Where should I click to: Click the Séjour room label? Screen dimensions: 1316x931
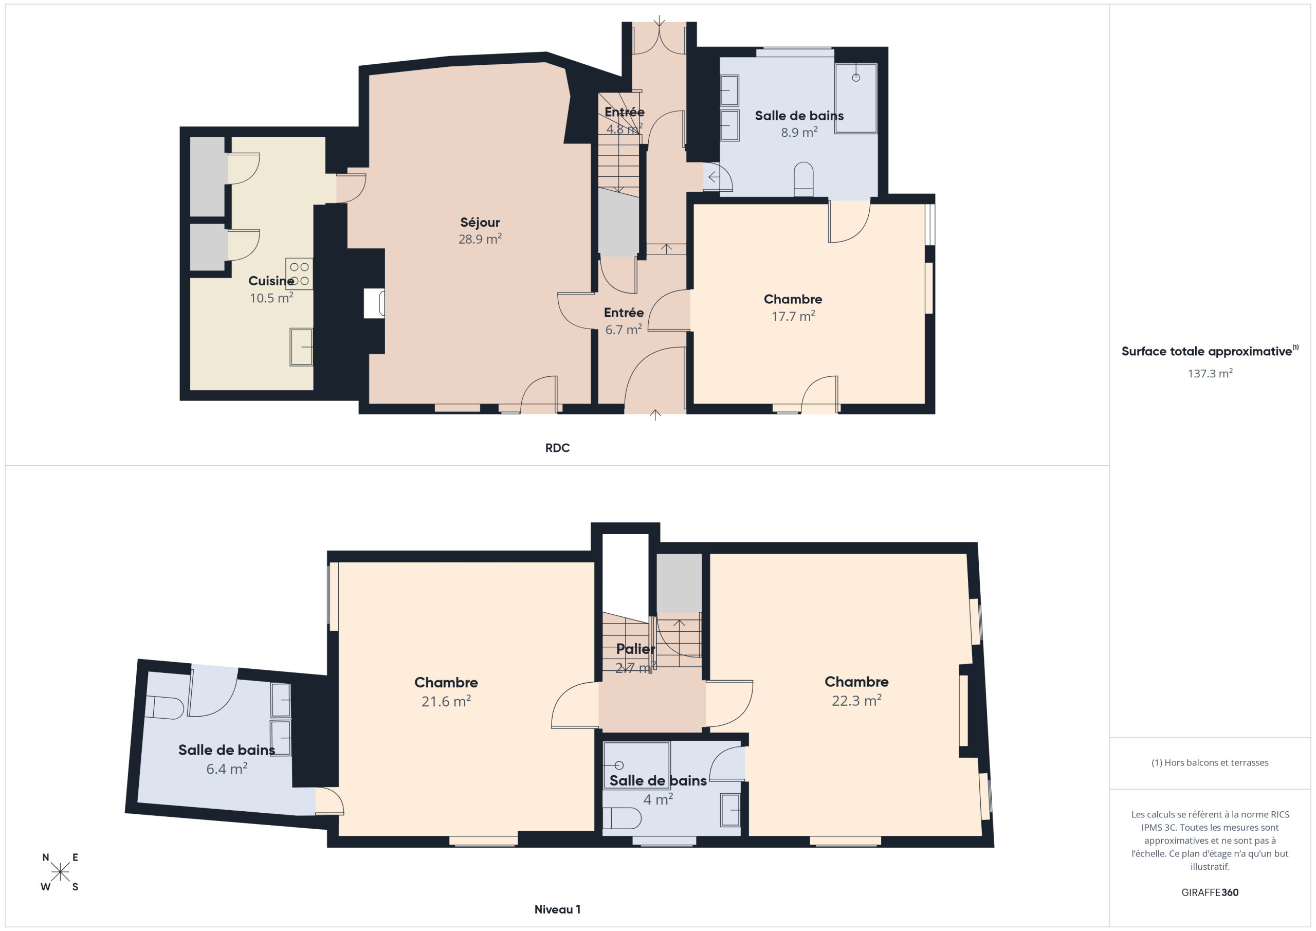pyautogui.click(x=480, y=223)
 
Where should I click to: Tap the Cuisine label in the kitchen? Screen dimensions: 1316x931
pyautogui.click(x=271, y=281)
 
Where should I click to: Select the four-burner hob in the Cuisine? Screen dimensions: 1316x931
pyautogui.click(x=299, y=274)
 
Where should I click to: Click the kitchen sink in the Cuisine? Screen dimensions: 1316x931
pyautogui.click(x=301, y=347)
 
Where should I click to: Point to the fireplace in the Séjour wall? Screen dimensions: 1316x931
pyautogui.click(x=374, y=303)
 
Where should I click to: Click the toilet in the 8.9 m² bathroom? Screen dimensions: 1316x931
pyautogui.click(x=803, y=179)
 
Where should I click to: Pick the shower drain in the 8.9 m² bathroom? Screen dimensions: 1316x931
pyautogui.click(x=856, y=78)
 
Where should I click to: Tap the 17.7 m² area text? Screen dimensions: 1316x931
pyautogui.click(x=793, y=317)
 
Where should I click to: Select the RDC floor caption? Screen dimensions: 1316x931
pyautogui.click(x=557, y=448)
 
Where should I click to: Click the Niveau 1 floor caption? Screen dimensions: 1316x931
pyautogui.click(x=557, y=909)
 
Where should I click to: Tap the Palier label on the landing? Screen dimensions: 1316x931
pyautogui.click(x=635, y=649)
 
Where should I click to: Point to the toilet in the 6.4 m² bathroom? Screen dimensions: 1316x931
pyautogui.click(x=164, y=707)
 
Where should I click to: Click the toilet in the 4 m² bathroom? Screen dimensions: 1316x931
pyautogui.click(x=622, y=818)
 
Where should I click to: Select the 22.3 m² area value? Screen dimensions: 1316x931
pyautogui.click(x=856, y=701)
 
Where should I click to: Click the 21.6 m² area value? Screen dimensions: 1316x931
pyautogui.click(x=446, y=701)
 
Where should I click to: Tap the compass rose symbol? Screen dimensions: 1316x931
pyautogui.click(x=60, y=872)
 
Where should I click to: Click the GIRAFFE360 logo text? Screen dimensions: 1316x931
pyautogui.click(x=1210, y=892)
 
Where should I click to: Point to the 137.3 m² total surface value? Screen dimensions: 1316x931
pyautogui.click(x=1210, y=374)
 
